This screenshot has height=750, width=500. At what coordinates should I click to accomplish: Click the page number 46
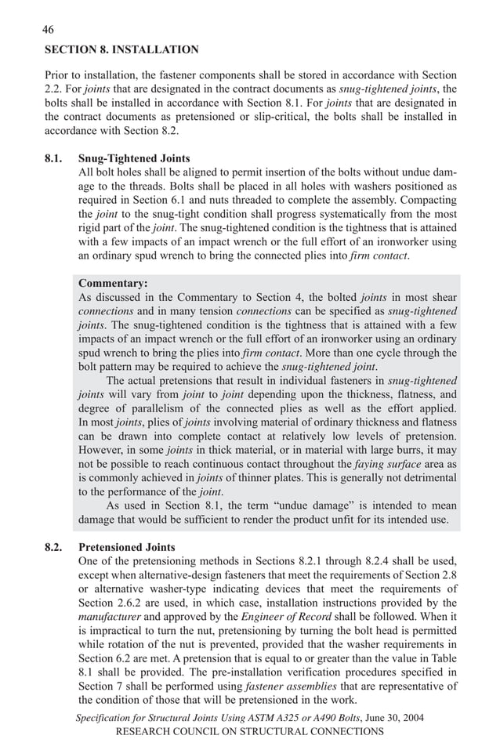click(48, 30)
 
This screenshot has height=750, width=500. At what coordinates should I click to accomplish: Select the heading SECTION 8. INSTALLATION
click(121, 49)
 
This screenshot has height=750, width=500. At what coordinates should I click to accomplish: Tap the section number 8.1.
click(53, 158)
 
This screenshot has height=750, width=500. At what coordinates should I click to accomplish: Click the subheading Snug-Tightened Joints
click(134, 158)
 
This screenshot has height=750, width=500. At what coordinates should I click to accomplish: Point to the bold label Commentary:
click(113, 283)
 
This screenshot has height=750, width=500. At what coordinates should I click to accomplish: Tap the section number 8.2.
click(53, 547)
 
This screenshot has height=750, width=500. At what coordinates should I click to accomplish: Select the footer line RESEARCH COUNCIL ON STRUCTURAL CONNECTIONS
click(249, 731)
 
